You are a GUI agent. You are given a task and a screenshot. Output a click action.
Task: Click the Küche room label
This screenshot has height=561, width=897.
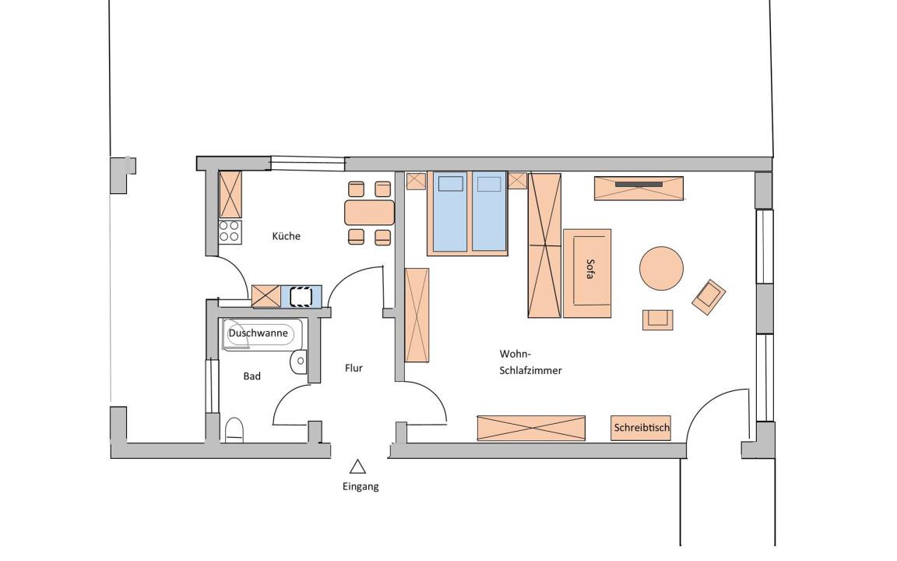click(286, 236)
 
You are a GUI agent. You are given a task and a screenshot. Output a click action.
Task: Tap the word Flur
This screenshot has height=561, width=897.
click(354, 368)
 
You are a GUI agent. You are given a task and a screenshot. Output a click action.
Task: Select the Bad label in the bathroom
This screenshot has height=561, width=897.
click(252, 376)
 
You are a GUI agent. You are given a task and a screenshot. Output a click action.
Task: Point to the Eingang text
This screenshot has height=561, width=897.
click(361, 486)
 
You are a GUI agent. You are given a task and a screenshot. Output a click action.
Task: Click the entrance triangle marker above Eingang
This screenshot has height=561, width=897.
click(358, 467)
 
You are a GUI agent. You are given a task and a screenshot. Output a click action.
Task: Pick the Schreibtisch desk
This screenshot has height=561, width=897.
click(641, 428)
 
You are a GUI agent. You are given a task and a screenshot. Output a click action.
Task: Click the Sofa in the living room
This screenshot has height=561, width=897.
click(588, 273)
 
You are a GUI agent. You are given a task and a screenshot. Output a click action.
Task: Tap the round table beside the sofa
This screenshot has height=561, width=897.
click(661, 268)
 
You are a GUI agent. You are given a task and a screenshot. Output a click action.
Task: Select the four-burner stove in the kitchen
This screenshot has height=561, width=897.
click(230, 231)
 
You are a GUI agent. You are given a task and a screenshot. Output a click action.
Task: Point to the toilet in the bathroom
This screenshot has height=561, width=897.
click(234, 430)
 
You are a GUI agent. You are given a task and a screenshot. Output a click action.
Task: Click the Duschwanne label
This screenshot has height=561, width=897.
click(258, 333)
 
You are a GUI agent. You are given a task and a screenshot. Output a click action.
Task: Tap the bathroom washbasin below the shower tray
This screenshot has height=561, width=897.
click(299, 361)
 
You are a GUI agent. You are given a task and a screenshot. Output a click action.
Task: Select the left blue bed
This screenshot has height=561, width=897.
click(450, 211)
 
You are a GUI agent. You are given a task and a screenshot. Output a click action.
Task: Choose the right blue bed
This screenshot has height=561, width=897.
click(489, 211)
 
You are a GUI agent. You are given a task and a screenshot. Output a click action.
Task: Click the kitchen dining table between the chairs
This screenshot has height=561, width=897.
click(370, 213)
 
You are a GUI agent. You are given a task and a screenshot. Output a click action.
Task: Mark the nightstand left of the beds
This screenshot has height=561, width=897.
click(416, 181)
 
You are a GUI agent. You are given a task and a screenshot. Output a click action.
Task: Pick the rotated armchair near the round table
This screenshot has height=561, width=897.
click(709, 297)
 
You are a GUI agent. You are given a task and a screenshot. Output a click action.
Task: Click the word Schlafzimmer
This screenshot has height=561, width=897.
click(531, 370)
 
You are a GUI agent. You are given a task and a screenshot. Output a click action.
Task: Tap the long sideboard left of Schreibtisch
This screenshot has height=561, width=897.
click(531, 429)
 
